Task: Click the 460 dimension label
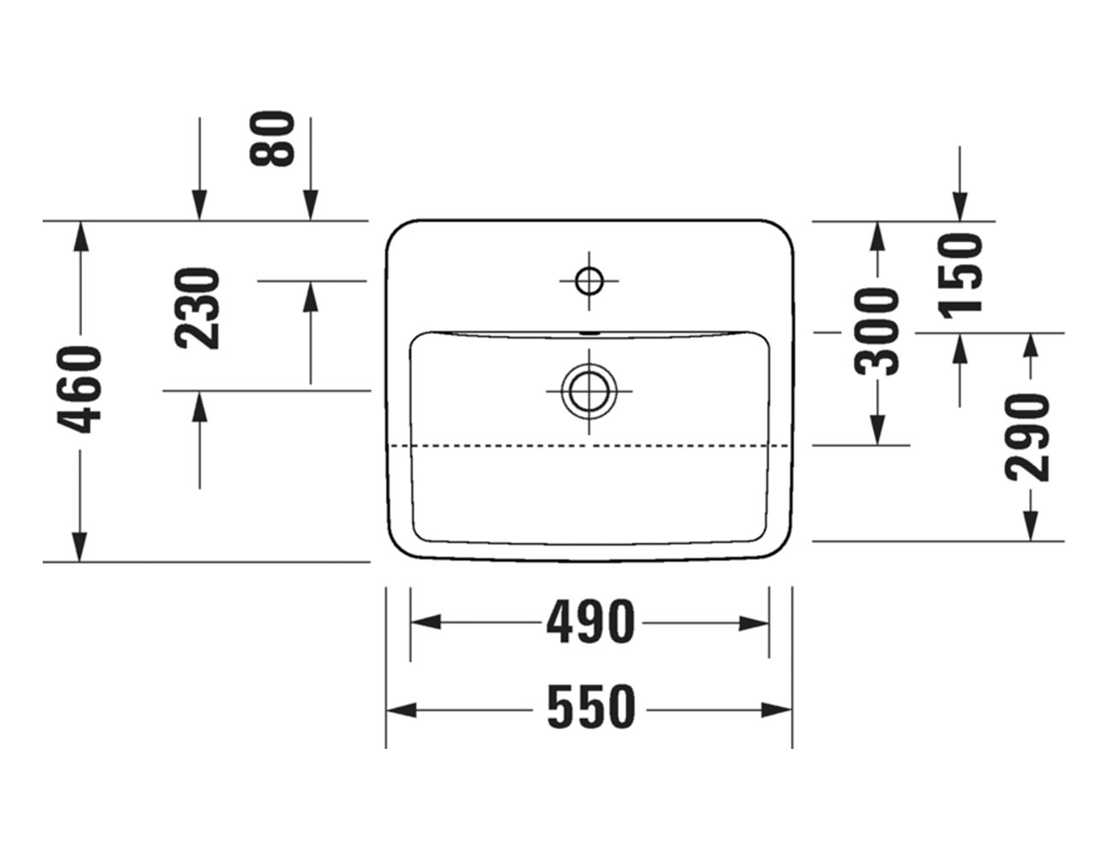(x=79, y=389)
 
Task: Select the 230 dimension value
(x=198, y=308)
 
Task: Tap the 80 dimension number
(x=272, y=138)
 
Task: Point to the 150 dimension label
(x=960, y=275)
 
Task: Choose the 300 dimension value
(x=876, y=332)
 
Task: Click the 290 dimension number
(x=1026, y=436)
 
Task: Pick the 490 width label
(x=591, y=623)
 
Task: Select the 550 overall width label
(x=592, y=709)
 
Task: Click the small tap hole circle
(x=589, y=280)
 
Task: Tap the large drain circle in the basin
(x=589, y=391)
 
